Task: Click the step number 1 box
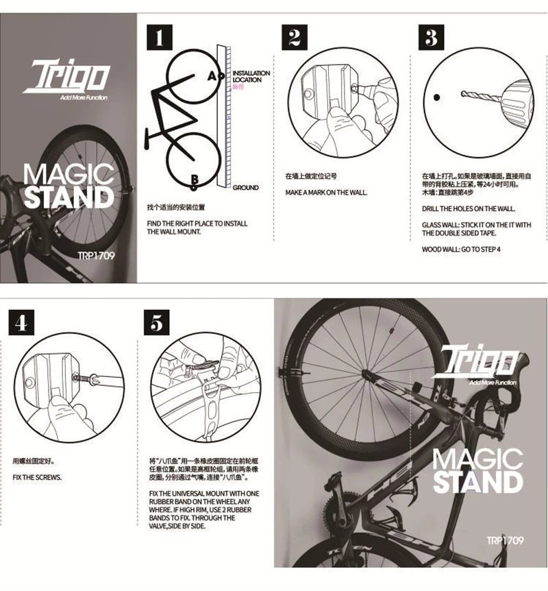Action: coord(159,38)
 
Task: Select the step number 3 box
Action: coord(431,38)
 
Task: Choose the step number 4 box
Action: coord(21,323)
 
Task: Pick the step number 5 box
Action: coord(158,323)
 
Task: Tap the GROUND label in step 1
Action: coord(245,187)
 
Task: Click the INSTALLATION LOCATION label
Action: coord(251,76)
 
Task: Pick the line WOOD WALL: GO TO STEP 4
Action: coord(461,250)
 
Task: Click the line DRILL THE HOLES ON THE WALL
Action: coord(468,208)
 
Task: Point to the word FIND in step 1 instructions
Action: coord(155,224)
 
